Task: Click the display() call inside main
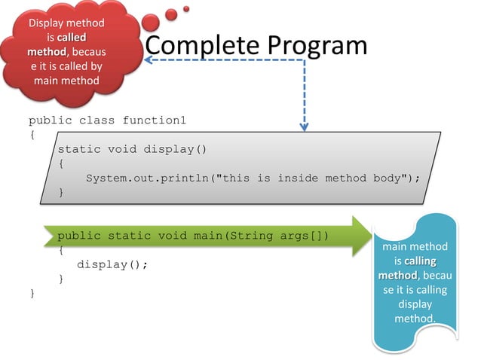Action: coord(112,264)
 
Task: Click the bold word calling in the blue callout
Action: coord(419,261)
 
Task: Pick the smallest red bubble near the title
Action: coord(186,9)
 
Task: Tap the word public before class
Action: coord(50,121)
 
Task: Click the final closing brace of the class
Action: coord(32,293)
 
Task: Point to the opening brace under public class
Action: coord(32,135)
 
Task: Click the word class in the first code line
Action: coord(97,121)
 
